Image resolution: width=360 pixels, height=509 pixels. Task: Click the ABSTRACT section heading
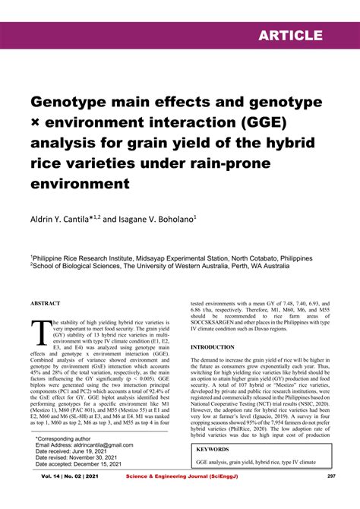click(45, 303)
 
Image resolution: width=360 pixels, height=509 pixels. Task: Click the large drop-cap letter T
click(40, 333)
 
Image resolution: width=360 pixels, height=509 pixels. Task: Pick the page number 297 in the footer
click(331, 498)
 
